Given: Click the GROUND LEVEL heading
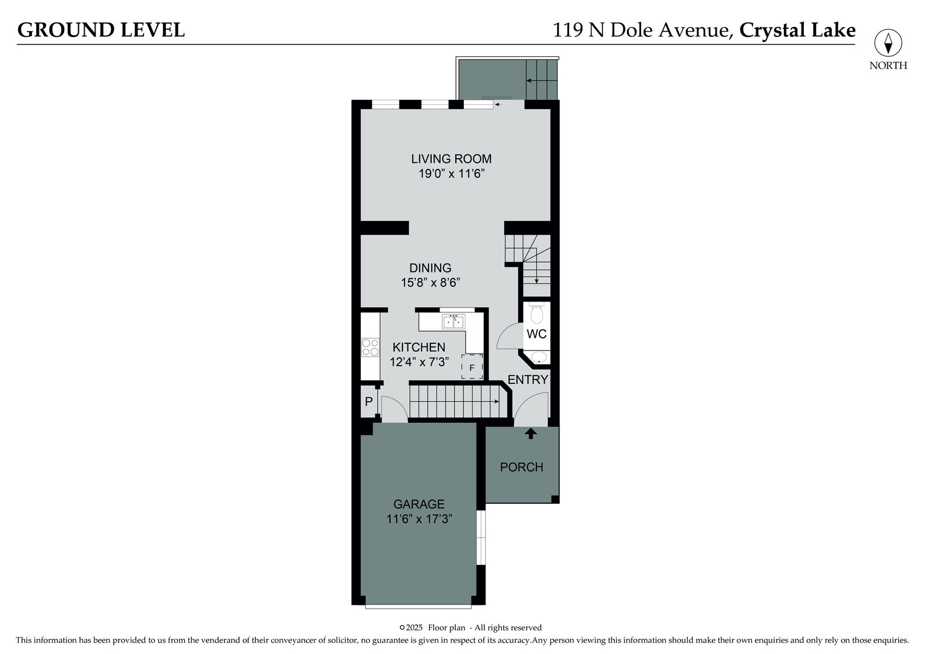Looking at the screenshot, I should pyautogui.click(x=101, y=30).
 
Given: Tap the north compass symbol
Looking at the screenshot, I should pyautogui.click(x=888, y=44).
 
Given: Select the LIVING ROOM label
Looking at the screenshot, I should pyautogui.click(x=451, y=159).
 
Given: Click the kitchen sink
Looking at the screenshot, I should pyautogui.click(x=453, y=322).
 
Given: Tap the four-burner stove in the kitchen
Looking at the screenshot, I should pyautogui.click(x=370, y=348).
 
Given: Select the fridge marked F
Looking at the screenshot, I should pyautogui.click(x=472, y=367).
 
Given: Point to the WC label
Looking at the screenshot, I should pyautogui.click(x=536, y=334).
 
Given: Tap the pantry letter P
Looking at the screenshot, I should pyautogui.click(x=368, y=401).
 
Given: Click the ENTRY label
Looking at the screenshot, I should pyautogui.click(x=527, y=380).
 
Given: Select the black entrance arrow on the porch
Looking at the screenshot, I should pyautogui.click(x=531, y=433).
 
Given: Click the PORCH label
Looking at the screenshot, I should pyautogui.click(x=521, y=467).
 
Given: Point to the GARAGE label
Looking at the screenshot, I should pyautogui.click(x=419, y=504).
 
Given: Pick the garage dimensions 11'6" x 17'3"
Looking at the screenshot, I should pyautogui.click(x=419, y=519).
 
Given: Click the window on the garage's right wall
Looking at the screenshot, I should pyautogui.click(x=481, y=537).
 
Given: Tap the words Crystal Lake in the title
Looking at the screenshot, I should pyautogui.click(x=797, y=30).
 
